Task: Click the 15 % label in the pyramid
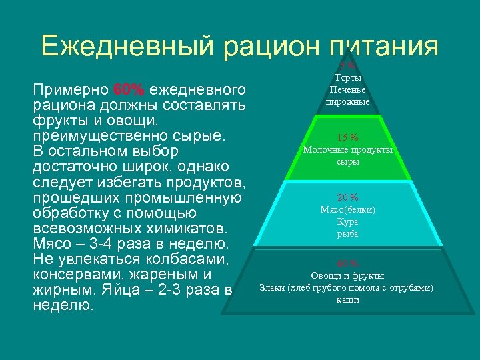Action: [x=347, y=138]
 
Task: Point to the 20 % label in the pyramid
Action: [x=347, y=197]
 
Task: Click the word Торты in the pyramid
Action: [x=347, y=79]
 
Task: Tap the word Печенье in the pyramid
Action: [x=347, y=90]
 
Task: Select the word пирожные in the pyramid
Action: [x=347, y=102]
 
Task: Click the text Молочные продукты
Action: [x=347, y=150]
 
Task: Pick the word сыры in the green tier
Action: [x=347, y=162]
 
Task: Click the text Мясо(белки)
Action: [x=347, y=209]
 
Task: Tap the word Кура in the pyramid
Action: [x=347, y=221]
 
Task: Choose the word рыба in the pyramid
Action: [x=347, y=233]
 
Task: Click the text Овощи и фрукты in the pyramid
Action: [x=347, y=275]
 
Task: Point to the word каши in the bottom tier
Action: [x=347, y=299]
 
